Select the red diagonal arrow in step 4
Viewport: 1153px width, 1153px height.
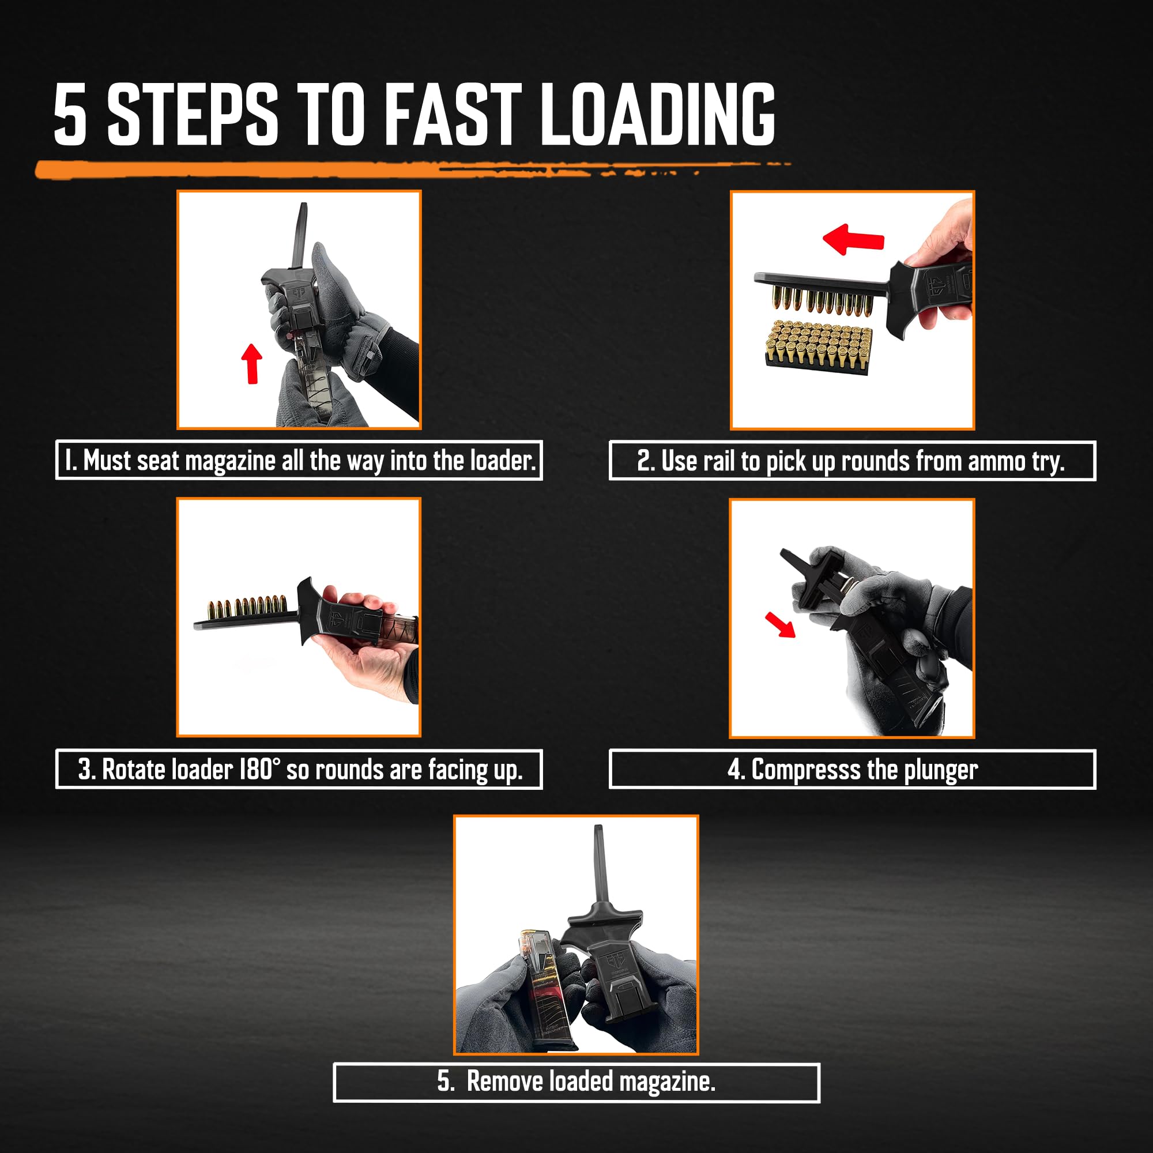[x=781, y=625]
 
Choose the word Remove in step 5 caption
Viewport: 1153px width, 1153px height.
[x=505, y=1082]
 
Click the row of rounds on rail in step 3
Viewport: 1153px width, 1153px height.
[x=247, y=608]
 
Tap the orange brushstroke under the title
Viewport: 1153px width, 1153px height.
[x=299, y=169]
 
